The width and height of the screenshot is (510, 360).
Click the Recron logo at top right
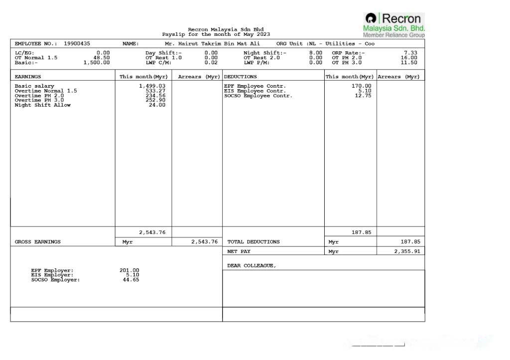click(394, 25)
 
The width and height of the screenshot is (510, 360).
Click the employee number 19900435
click(77, 44)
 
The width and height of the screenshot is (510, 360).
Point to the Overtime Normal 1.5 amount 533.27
click(155, 91)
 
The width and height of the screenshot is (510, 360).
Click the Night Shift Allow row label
click(42, 105)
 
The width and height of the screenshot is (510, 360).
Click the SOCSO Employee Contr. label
click(258, 96)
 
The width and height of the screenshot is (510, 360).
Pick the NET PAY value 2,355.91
click(407, 251)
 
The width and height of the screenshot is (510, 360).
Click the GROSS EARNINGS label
click(37, 242)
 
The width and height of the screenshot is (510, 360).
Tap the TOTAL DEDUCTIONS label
click(253, 242)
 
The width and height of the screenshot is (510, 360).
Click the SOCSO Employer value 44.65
click(131, 280)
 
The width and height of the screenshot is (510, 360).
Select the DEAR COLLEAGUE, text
click(252, 266)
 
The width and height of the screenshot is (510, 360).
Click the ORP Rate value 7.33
click(410, 53)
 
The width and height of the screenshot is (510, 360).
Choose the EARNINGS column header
click(28, 77)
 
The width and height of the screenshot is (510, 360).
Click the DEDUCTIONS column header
click(240, 77)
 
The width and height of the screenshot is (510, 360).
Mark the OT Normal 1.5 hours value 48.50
click(102, 58)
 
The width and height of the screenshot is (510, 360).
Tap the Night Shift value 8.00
click(315, 53)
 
